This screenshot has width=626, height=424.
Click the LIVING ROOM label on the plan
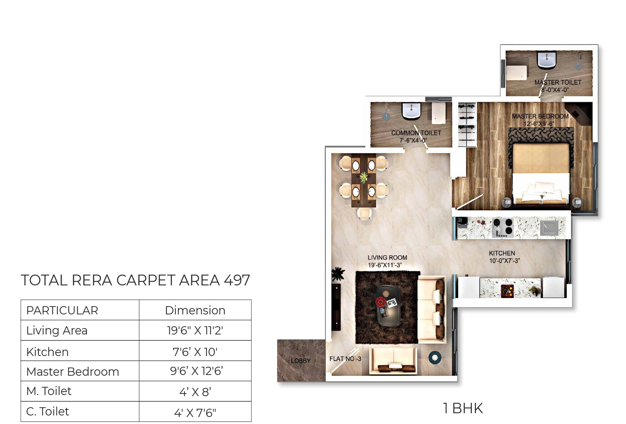[x=387, y=258]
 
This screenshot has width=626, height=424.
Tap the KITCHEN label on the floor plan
[x=502, y=253]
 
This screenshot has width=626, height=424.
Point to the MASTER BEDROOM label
[x=540, y=116]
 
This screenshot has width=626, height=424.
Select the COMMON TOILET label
[x=416, y=133]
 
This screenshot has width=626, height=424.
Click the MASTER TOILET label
[x=558, y=82]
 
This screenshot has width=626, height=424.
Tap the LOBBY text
[x=301, y=361]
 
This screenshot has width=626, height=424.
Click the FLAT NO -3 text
[x=345, y=359]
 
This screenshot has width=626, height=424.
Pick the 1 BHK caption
[x=463, y=408]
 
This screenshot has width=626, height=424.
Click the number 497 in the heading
[x=237, y=281]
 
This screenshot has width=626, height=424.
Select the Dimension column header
[x=195, y=310]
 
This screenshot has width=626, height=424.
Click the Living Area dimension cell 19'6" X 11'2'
[x=195, y=330]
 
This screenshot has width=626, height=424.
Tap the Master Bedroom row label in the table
[x=73, y=371]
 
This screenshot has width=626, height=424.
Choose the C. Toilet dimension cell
[x=195, y=412]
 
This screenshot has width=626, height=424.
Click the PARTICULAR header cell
[x=62, y=310]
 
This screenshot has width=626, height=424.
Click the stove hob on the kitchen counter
[x=503, y=227]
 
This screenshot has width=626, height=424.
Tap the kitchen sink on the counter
[x=549, y=227]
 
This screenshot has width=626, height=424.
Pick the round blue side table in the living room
[x=435, y=357]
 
